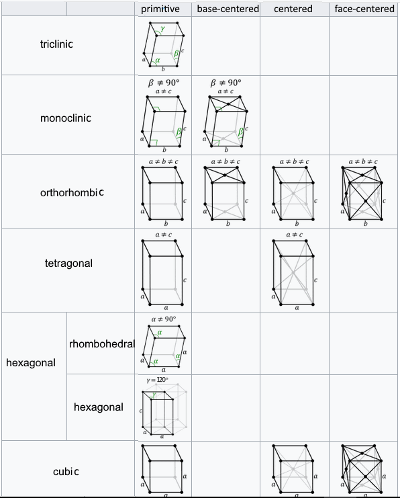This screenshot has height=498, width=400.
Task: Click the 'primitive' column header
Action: pos(160,9)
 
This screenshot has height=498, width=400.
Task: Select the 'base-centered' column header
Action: pos(228,9)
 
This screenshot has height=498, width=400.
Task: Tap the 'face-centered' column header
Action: pos(364,9)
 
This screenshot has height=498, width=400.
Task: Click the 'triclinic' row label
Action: pos(56,44)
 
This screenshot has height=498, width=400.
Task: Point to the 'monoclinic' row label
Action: pos(66,118)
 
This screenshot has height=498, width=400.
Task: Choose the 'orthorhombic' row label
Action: pos(72,192)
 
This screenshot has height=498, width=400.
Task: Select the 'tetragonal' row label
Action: pos(68,263)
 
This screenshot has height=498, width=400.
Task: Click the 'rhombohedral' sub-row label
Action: pos(102,343)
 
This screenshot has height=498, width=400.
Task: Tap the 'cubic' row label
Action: pos(66,472)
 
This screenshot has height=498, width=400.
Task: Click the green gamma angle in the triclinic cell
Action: pos(162,29)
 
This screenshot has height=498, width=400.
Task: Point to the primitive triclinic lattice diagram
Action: pos(163,45)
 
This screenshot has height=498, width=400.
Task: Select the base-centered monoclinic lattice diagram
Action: pos(226,122)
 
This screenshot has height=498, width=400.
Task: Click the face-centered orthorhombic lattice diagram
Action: pos(362,193)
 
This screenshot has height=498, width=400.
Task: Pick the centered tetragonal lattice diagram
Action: pos(294,272)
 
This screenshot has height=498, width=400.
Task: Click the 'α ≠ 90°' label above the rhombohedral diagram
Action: pos(163,319)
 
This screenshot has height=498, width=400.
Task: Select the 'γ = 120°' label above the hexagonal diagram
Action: pos(157,380)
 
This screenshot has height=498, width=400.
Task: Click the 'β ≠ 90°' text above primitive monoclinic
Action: pos(164,83)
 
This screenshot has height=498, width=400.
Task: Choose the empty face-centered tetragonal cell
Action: pos(364,270)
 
